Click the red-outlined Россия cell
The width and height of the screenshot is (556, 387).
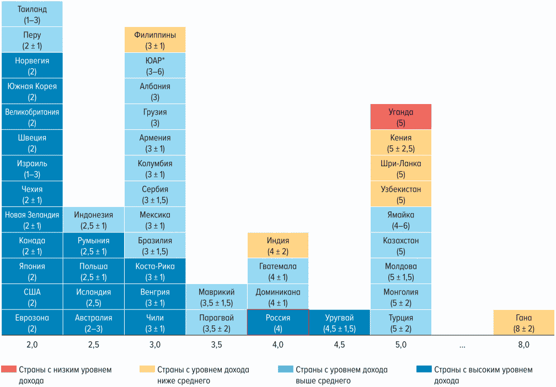(x=277, y=323)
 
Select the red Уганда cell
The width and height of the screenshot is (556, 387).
(x=400, y=117)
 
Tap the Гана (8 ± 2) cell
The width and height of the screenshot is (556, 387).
(x=523, y=323)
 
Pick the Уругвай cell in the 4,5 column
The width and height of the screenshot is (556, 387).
(x=339, y=323)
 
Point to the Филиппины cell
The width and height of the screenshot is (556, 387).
(x=155, y=40)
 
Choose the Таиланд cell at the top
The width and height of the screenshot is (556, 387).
(x=32, y=14)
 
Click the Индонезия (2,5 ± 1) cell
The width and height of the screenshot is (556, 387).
(x=93, y=220)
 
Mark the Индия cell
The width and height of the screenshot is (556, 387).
(x=277, y=246)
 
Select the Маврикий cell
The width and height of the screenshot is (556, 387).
(x=216, y=297)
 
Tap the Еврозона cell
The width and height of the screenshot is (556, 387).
(x=32, y=323)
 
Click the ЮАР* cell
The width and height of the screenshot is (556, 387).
(x=155, y=66)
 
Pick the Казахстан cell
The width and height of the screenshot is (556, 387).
(x=400, y=246)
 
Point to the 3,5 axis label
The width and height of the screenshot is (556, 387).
(x=216, y=345)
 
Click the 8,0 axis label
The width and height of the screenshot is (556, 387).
(x=523, y=345)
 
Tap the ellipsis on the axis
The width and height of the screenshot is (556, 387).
(x=462, y=346)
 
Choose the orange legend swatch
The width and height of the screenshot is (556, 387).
(x=147, y=369)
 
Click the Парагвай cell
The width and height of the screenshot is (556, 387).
(x=216, y=323)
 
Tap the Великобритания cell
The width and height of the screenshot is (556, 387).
(x=32, y=117)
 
